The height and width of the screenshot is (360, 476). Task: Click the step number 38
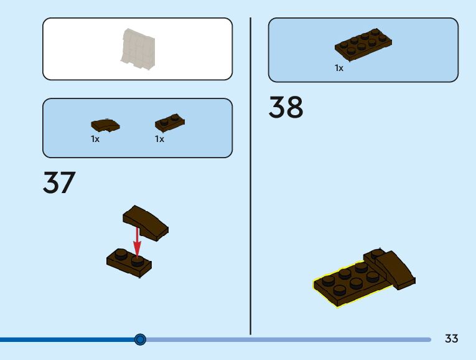tap(286, 108)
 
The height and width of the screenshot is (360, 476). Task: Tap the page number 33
tap(451, 339)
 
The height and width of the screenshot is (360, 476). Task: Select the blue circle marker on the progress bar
tap(140, 339)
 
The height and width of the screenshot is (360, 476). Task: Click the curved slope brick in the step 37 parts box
tap(105, 125)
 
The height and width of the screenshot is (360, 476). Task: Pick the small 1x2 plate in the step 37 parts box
tap(169, 123)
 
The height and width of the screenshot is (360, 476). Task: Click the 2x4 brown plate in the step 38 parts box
tap(364, 44)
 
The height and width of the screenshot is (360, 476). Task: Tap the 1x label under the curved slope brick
tap(95, 140)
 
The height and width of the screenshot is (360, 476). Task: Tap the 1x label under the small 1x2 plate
tap(160, 140)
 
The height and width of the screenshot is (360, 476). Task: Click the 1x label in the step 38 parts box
tap(339, 68)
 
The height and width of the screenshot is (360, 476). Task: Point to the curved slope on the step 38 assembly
tap(396, 267)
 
